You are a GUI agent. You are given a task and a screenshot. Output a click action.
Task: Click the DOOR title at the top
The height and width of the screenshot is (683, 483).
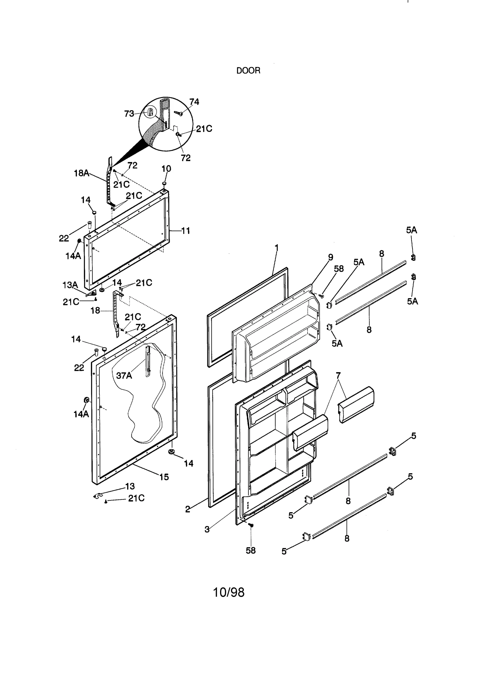[248, 71]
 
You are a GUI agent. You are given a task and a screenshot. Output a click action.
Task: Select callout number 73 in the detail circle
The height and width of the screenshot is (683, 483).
[129, 114]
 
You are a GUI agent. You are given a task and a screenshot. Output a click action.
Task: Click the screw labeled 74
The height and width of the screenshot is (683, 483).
[179, 114]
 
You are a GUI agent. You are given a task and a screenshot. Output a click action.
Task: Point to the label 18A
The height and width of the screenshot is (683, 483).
[82, 173]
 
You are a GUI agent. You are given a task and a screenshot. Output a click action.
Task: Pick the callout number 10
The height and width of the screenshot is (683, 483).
[166, 169]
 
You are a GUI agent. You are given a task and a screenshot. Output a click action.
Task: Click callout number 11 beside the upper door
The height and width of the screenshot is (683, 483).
[186, 231]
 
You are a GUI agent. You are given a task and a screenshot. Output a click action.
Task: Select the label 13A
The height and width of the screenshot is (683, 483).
[70, 285]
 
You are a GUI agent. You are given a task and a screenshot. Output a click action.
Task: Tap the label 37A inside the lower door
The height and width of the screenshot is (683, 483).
[124, 376]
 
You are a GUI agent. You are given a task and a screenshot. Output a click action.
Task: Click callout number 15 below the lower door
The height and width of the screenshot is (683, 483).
[164, 477]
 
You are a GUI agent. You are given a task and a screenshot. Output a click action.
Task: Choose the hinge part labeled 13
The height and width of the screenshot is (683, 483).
[98, 496]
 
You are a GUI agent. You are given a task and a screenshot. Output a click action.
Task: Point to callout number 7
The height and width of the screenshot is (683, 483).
[338, 376]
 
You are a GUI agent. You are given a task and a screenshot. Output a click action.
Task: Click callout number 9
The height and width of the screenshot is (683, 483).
[331, 257]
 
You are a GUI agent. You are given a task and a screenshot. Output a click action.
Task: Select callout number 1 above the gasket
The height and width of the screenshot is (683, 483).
[276, 248]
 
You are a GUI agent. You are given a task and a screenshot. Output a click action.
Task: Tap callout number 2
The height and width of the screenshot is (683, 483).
[188, 509]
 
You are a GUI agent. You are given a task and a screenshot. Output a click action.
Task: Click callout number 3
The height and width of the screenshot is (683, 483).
[207, 529]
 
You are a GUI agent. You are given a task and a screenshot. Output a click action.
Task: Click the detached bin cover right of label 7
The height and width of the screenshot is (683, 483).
[356, 404]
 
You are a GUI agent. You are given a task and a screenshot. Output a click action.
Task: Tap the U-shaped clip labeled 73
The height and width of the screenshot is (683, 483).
[150, 113]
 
